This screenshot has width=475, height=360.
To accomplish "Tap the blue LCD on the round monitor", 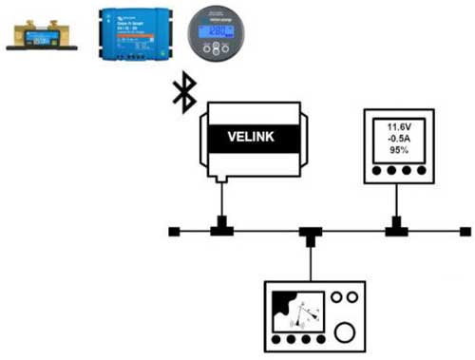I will coord(214,29).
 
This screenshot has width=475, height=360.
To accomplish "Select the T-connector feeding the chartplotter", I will coord(308,233).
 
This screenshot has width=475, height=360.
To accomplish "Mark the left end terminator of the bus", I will coord(174,231).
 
